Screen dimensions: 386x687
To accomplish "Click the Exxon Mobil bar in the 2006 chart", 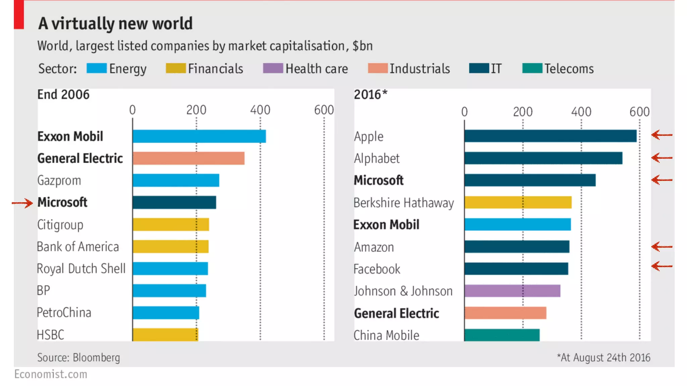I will click(199, 136).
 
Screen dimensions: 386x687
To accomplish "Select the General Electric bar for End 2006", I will click(188, 158).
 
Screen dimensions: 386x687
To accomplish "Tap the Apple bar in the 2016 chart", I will click(550, 136).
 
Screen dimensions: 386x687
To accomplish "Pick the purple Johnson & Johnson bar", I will click(512, 291).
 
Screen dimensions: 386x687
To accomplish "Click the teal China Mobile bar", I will click(502, 335).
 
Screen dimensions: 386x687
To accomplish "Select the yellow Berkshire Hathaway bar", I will click(518, 202).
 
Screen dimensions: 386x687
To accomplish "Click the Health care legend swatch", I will click(273, 68).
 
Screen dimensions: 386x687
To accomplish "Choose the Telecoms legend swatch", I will click(532, 68).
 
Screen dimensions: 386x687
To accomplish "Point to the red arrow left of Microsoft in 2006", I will click(22, 203).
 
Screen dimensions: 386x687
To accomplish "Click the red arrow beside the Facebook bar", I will click(662, 266).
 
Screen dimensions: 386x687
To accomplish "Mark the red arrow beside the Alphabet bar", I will click(662, 157).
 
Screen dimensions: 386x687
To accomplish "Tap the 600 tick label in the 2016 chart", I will click(639, 112).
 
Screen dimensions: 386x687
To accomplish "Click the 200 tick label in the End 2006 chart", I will click(196, 110).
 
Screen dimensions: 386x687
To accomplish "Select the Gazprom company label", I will click(59, 181).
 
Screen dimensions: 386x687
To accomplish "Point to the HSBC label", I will click(50, 335).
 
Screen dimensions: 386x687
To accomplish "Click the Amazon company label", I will click(374, 247).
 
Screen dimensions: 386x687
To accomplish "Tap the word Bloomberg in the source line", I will click(96, 358).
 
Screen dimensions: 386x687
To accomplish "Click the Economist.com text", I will click(51, 374).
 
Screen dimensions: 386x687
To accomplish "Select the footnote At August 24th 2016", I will click(603, 358).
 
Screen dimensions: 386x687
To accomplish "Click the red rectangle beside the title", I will click(19, 15).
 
